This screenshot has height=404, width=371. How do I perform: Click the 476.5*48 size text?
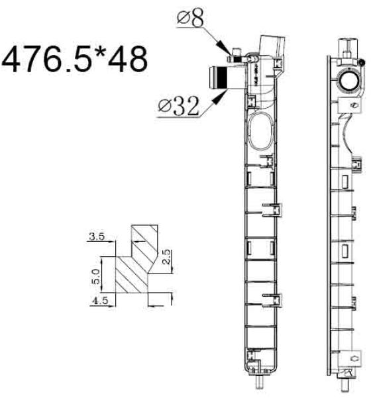coord(75,60)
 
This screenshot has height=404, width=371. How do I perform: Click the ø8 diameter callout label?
coord(190,19)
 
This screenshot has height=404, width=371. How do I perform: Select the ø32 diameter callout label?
coord(179,106)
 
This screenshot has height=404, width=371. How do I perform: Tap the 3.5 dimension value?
coord(97,236)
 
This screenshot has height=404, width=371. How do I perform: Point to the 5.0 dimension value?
coord(95,276)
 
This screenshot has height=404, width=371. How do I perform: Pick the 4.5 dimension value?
coord(99,301)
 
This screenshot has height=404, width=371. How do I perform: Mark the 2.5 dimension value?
coord(166,256)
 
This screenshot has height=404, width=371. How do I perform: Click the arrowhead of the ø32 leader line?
coord(219,97)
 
